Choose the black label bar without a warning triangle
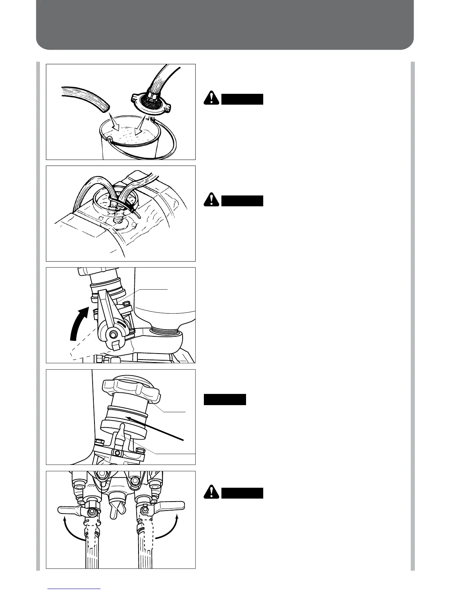pos(225,400)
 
